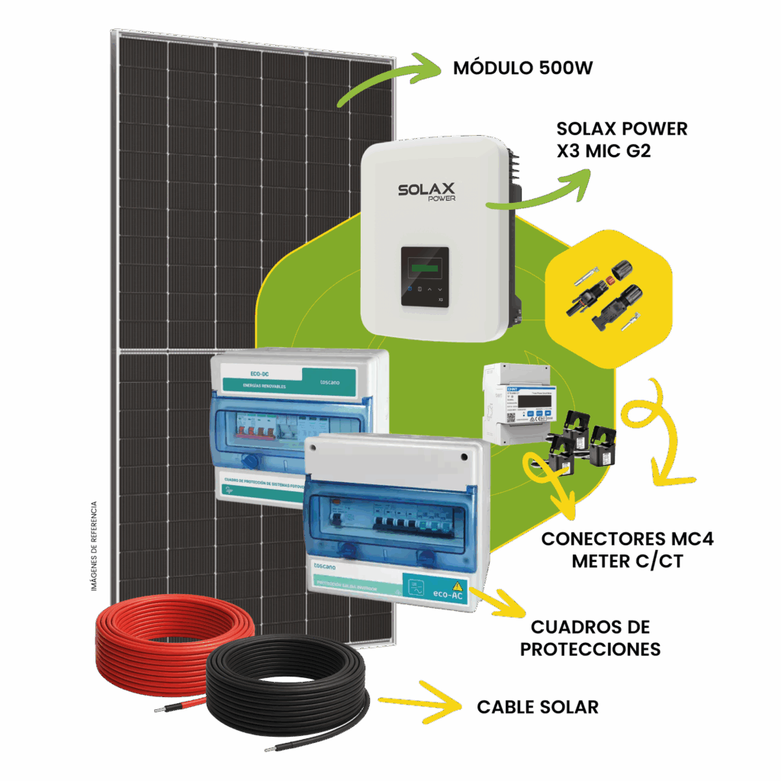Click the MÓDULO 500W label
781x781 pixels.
[522, 69]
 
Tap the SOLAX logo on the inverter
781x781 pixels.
[426, 190]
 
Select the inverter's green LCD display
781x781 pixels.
[425, 268]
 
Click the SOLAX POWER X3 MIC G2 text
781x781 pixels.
[622, 140]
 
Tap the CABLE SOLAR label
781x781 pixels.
[537, 707]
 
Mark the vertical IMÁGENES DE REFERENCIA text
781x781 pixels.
[95, 545]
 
